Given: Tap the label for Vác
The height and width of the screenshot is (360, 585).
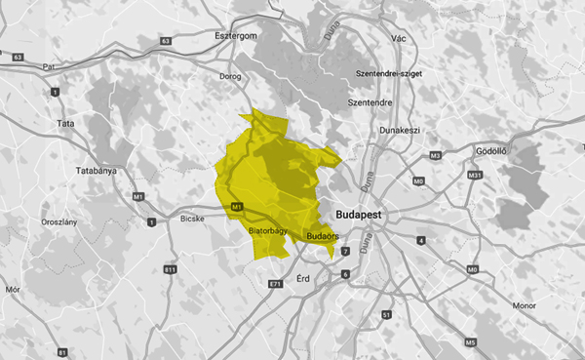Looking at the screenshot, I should [x=397, y=37].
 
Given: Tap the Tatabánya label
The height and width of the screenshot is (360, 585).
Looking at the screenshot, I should [x=96, y=170].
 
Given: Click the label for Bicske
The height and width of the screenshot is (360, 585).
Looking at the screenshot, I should [x=193, y=219].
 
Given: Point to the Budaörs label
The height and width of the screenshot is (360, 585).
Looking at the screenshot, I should [x=322, y=236].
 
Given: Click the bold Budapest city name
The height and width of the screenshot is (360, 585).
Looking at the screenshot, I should [x=361, y=214].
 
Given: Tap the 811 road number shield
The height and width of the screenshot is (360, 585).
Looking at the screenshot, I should [x=171, y=268].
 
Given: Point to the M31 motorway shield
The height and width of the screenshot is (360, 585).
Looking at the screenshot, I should [x=475, y=175].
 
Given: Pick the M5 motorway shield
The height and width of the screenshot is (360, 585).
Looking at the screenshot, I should [x=470, y=341].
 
